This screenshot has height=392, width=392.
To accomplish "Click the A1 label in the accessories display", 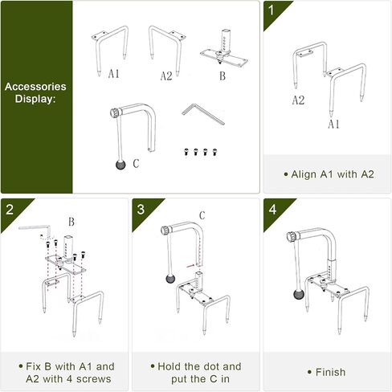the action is click(114, 73).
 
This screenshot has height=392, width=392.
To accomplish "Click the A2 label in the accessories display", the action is click(166, 76).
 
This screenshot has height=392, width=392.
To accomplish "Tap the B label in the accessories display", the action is click(223, 76).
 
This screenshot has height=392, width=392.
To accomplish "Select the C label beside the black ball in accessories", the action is click(136, 163).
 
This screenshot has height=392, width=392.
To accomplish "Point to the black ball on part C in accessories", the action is click(120, 165).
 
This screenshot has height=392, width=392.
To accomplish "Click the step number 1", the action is click(272, 10).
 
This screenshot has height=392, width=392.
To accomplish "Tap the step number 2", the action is click(10, 209).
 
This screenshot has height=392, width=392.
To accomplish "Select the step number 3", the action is click(141, 209).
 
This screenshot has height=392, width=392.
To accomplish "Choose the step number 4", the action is click(272, 209).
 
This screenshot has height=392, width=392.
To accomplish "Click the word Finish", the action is click(330, 372).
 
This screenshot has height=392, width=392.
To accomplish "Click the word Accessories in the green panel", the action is click(35, 87).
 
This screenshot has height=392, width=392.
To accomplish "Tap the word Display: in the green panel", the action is click(35, 99).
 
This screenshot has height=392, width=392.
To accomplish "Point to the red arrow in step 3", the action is click(190, 266).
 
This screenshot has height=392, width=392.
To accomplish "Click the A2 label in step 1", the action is click(298, 100).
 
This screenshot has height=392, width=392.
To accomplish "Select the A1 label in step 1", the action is click(333, 124).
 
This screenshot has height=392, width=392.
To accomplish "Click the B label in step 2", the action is click(71, 222).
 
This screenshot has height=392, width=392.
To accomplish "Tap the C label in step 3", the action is click(202, 215).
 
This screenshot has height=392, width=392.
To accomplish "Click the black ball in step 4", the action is click(299, 295).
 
